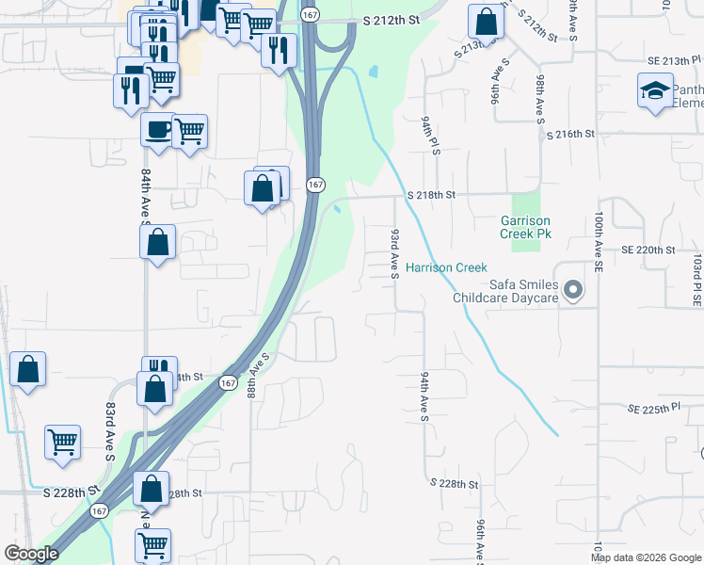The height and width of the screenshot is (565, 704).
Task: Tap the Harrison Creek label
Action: [x=446, y=268]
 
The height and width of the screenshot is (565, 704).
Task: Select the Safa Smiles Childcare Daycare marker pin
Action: [x=569, y=296]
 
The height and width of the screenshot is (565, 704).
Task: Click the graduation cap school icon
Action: [x=655, y=90]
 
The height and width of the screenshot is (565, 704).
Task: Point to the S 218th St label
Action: [x=431, y=195]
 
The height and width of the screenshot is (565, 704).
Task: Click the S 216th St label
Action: [x=570, y=135]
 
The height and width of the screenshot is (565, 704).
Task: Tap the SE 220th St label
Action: [x=648, y=250]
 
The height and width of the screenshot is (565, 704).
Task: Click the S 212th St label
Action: [x=390, y=20]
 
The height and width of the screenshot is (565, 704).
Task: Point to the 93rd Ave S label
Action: [x=394, y=252]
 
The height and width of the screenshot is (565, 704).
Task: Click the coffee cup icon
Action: [x=157, y=128]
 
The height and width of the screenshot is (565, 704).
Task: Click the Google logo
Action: [x=31, y=554]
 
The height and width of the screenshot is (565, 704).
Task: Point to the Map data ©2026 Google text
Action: [x=647, y=557]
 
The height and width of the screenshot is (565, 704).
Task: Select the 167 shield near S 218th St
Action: [x=315, y=185]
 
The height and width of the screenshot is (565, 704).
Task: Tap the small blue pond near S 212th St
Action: [x=374, y=71]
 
